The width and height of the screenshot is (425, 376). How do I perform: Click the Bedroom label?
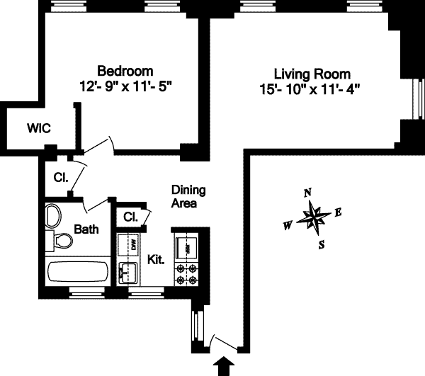pyautogui.click(x=125, y=71)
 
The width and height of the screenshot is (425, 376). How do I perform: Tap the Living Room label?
pyautogui.click(x=312, y=74)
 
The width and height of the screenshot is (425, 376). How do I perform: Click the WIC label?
pyautogui.click(x=38, y=129)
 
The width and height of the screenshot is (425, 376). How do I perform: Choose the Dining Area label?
pyautogui.click(x=188, y=196)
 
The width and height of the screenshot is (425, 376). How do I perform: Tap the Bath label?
pyautogui.click(x=86, y=229)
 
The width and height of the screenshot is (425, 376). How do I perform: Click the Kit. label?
pyautogui.click(x=156, y=259)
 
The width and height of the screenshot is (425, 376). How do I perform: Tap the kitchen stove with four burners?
pyautogui.click(x=189, y=274)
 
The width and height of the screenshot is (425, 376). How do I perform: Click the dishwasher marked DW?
pyautogui.click(x=132, y=245)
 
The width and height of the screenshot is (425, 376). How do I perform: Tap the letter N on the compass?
pyautogui.click(x=307, y=193)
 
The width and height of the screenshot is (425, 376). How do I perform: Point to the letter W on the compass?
pyautogui.click(x=288, y=226)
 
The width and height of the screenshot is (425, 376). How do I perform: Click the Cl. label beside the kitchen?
pyautogui.click(x=130, y=217)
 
